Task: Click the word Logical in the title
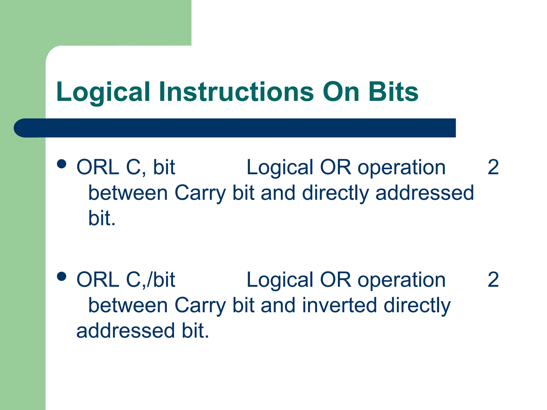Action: coord(103,92)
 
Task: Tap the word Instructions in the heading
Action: coord(236,92)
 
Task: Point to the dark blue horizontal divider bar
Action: coord(235,128)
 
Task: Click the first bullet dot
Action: coord(62,164)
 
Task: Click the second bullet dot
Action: coord(62,276)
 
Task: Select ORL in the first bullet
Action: coord(98,167)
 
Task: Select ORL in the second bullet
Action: coord(98,280)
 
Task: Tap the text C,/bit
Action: coord(150,280)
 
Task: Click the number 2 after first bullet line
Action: coord(493,167)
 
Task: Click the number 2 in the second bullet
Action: coord(493,280)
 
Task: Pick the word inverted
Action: coord(339,305)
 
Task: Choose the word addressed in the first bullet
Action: coord(424,193)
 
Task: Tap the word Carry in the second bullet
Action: coord(200,306)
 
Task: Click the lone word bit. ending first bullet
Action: coord(102,218)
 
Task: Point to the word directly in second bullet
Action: coord(417,306)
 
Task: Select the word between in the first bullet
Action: coord(128,193)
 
